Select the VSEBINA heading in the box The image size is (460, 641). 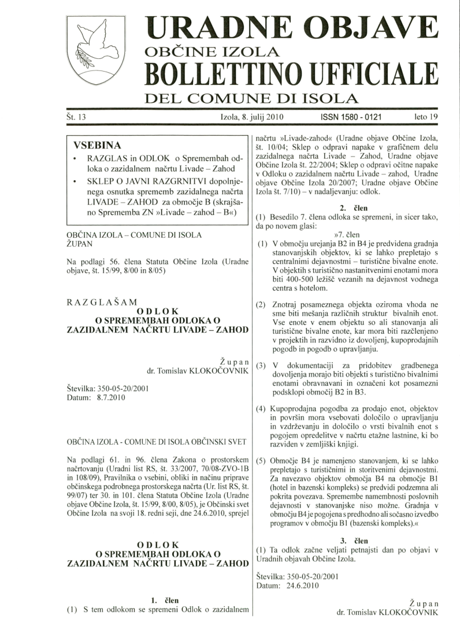[x=97, y=144]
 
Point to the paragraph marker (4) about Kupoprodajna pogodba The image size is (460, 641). [x=261, y=409]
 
